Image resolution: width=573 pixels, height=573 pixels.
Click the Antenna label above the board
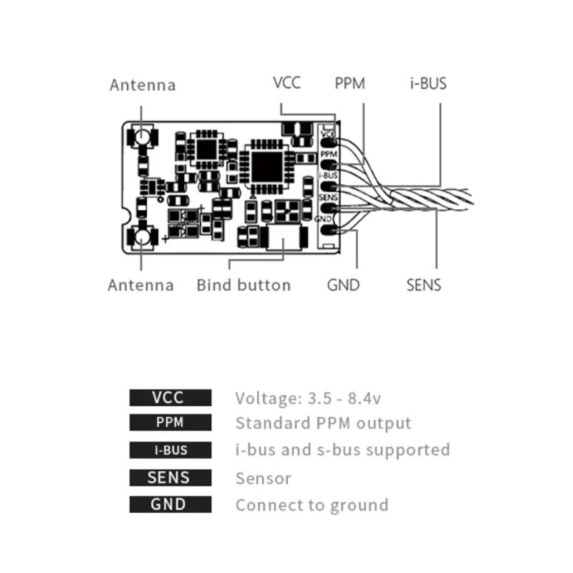click(142, 85)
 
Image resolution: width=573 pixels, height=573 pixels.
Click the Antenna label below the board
click(140, 285)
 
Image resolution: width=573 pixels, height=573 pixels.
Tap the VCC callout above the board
click(286, 82)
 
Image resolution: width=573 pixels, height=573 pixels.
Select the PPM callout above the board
click(350, 83)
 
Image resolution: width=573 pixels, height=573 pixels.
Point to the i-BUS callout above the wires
click(428, 83)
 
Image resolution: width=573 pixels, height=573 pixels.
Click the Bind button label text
click(244, 285)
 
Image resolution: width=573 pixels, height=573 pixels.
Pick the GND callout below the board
click(343, 285)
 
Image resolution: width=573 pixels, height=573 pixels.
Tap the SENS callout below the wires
click(423, 285)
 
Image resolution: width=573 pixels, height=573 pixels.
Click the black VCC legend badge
click(170, 398)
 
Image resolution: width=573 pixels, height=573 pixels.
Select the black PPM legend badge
click(170, 423)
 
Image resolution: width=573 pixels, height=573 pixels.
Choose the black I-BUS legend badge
click(170, 451)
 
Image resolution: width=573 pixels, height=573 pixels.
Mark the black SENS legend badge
click(170, 478)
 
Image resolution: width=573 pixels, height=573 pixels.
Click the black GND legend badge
click(170, 504)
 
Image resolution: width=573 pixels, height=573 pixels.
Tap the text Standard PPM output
click(323, 423)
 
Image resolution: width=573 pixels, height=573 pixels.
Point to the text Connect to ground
click(312, 505)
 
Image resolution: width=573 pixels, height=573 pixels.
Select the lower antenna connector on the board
click(141, 236)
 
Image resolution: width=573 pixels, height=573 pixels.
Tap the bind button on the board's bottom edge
click(282, 239)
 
